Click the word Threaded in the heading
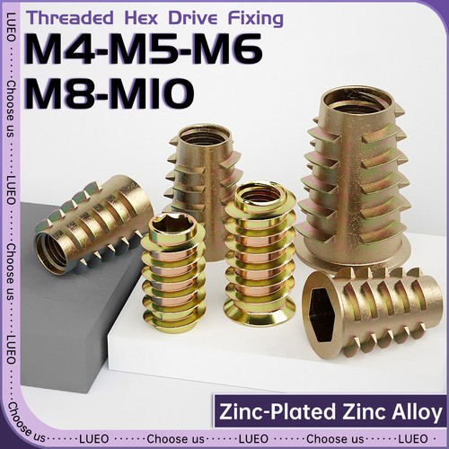[70, 18]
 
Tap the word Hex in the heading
[141, 18]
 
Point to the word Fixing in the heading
[256, 19]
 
